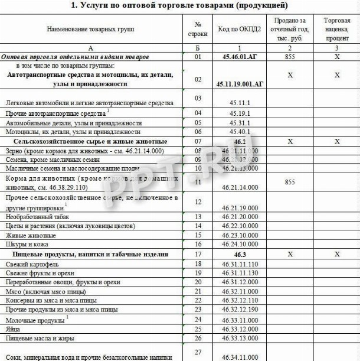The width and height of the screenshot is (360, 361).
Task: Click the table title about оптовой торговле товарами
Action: point(179,5)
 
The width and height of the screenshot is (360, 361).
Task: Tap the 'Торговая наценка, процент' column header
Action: point(336,28)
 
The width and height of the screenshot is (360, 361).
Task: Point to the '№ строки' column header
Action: point(198,29)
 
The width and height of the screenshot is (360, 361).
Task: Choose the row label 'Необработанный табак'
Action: point(35,216)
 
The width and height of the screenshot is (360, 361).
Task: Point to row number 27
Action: point(198,352)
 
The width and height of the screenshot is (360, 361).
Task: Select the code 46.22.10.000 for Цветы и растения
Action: point(239,226)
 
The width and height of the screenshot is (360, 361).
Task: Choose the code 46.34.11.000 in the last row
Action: point(239,357)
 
